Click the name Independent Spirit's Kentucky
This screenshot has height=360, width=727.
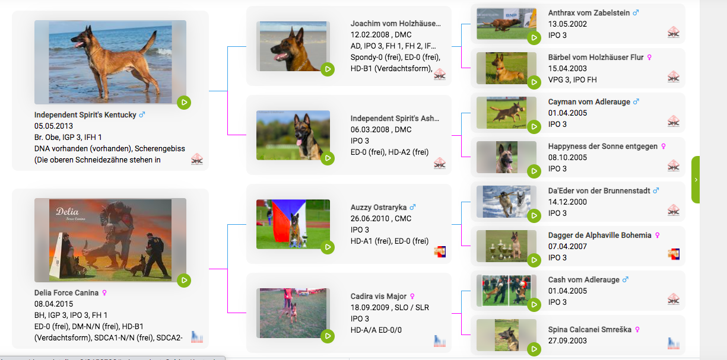[x=85, y=114]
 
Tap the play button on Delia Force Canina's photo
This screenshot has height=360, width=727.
[x=184, y=280]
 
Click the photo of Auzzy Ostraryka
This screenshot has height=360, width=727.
[x=293, y=224]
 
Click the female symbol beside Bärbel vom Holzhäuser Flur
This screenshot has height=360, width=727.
[x=649, y=58]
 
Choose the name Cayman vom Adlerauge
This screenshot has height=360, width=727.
[x=589, y=102]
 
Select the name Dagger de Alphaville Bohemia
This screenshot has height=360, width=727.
[x=599, y=235]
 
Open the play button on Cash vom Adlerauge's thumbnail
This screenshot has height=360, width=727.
[x=534, y=305]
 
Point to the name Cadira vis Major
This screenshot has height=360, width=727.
[x=378, y=296]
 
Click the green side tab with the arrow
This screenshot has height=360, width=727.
[x=696, y=180]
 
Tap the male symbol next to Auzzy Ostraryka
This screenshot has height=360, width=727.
[x=413, y=208]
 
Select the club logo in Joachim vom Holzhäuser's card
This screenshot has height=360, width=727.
[x=439, y=74]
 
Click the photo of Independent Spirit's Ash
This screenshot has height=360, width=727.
[x=293, y=135]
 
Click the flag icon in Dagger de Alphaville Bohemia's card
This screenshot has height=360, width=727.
[x=673, y=254]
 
